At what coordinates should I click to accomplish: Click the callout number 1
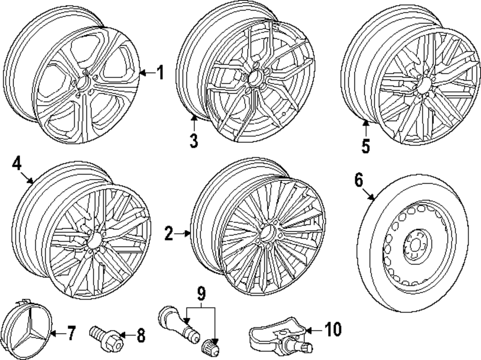(x=160, y=73)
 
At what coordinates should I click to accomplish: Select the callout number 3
(x=193, y=140)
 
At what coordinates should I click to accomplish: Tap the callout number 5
(x=366, y=146)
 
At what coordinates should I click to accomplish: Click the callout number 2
(x=168, y=234)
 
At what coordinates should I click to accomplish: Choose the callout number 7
(x=71, y=333)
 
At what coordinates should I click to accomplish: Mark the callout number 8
(x=140, y=336)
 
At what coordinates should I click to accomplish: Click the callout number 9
(x=201, y=292)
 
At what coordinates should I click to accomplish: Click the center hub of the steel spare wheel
(x=414, y=246)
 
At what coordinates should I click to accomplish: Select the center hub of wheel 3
(x=255, y=76)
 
